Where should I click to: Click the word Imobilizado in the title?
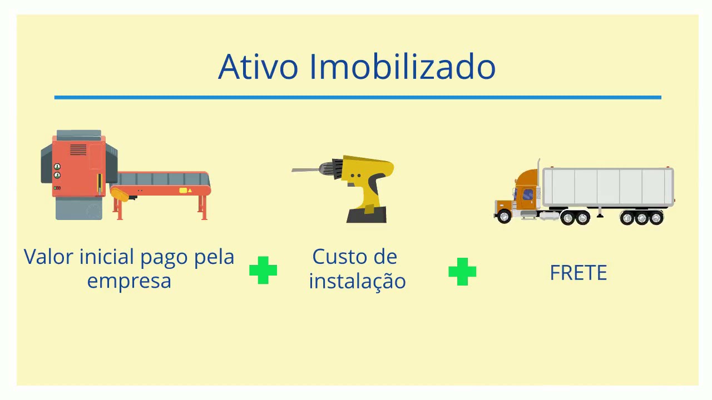point(402,67)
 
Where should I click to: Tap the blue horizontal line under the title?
point(357,97)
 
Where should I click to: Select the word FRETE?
point(578,273)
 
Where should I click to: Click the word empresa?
point(129,280)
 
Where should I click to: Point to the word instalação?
point(357,280)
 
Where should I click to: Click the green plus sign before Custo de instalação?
point(263,270)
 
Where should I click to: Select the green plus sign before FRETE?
point(462,271)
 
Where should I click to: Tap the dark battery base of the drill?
point(367,215)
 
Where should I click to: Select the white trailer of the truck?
point(607,187)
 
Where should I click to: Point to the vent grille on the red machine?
point(78,150)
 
